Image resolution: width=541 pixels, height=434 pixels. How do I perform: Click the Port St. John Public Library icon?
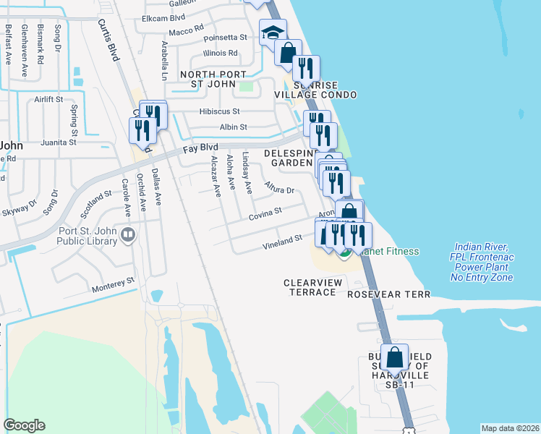(x=128, y=234)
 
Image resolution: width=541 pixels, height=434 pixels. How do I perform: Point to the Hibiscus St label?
(x=220, y=112)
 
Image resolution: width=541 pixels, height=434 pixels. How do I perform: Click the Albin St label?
(x=233, y=127)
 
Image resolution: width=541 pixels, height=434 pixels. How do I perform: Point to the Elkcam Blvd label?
(x=164, y=17)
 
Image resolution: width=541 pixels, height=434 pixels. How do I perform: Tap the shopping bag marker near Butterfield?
(x=395, y=357)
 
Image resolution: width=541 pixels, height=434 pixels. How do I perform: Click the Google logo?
(x=24, y=425)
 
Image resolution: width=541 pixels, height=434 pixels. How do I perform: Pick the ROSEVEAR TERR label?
(x=388, y=294)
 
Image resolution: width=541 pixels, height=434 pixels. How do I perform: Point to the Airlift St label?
(x=49, y=99)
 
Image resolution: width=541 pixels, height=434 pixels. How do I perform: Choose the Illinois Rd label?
(x=221, y=53)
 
